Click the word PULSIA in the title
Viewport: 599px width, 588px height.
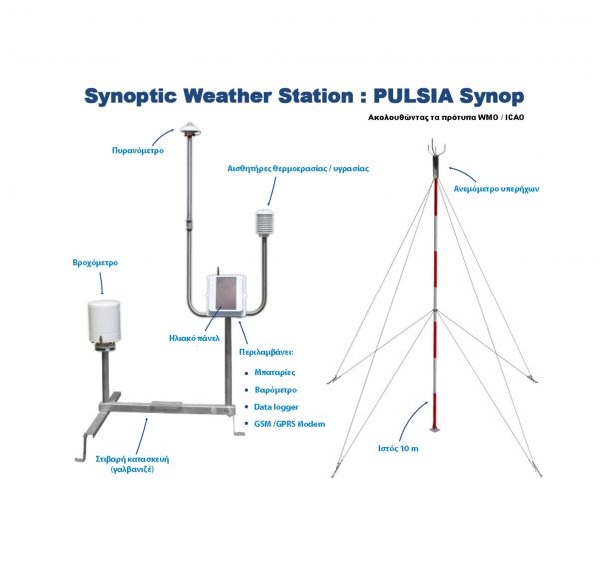pyautogui.click(x=410, y=96)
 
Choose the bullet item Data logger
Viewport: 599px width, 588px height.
pyautogui.click(x=276, y=407)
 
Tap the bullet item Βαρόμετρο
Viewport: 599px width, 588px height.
pyautogui.click(x=275, y=389)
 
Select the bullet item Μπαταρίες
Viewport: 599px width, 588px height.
pyautogui.click(x=276, y=372)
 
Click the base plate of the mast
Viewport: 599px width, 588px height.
pyautogui.click(x=435, y=429)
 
